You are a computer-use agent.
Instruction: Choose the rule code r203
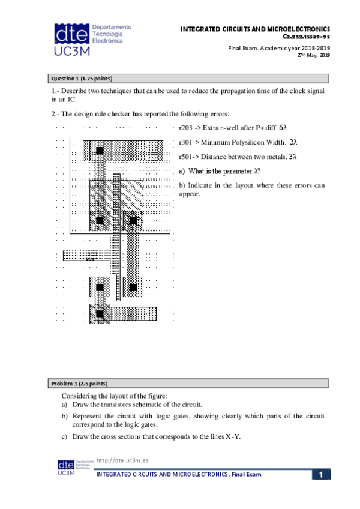coord(186,128)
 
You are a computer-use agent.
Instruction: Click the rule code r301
coord(186,142)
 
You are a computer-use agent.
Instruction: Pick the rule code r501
coord(186,157)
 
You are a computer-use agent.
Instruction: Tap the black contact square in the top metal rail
coord(100,150)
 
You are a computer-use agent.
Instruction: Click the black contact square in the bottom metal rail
coord(100,313)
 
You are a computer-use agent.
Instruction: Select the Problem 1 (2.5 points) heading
coord(79,383)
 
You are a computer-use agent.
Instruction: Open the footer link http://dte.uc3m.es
coord(122,460)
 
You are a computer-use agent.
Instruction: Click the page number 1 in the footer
coord(321,475)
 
